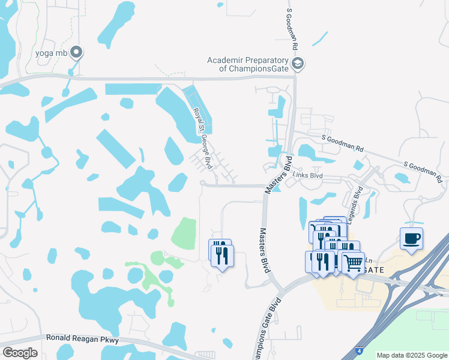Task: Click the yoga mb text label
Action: tap(51, 53)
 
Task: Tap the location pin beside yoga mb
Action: tap(76, 53)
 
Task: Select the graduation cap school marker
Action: tap(297, 63)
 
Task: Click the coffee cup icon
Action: tap(412, 239)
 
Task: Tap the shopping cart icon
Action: tap(354, 261)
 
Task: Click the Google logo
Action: tap(20, 353)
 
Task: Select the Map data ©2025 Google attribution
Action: tap(412, 355)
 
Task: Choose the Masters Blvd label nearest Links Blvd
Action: tap(278, 175)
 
